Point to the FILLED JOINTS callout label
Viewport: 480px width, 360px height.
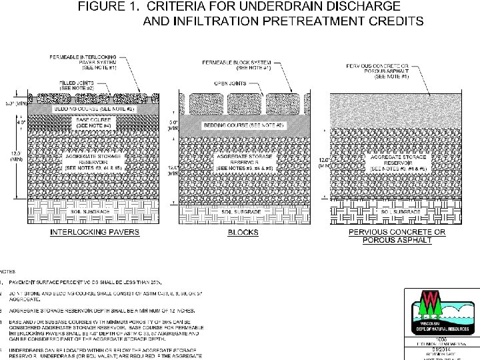[x=77, y=86]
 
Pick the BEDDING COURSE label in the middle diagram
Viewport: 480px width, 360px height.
[x=247, y=124]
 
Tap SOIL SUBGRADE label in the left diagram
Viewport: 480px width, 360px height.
[x=97, y=211]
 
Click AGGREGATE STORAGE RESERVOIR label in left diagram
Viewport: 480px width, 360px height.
[x=96, y=164]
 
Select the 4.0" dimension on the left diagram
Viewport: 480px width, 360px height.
[x=22, y=123]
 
